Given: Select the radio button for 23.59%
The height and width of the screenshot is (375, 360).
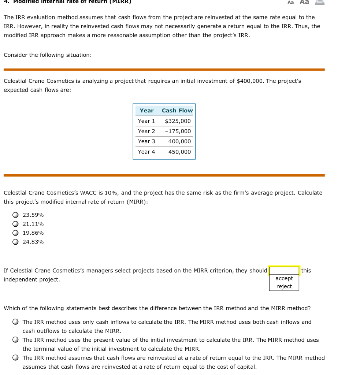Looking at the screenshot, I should [15, 215].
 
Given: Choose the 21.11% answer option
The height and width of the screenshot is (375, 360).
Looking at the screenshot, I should [15, 224].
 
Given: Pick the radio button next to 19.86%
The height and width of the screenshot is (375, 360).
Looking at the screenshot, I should [15, 233].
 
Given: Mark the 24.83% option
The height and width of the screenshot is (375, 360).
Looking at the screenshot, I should [15, 242].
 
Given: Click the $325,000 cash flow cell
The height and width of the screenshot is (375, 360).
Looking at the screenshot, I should [178, 121].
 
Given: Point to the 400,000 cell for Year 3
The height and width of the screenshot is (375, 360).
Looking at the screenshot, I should [179, 141].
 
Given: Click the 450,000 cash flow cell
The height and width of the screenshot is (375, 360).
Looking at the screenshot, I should [179, 152].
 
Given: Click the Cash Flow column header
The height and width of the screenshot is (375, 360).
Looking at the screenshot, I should [177, 111].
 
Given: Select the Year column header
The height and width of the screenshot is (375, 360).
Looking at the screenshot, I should [146, 111].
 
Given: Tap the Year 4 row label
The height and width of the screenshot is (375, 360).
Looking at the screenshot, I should [146, 152].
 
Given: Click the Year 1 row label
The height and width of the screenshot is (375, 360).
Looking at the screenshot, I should [146, 121].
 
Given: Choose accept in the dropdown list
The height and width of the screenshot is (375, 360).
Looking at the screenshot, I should [284, 278].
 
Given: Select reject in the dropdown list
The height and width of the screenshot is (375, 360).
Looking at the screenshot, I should [284, 286].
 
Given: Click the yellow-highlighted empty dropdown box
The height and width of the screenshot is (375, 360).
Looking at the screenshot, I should [284, 270].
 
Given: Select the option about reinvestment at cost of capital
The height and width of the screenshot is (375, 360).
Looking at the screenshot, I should [15, 358].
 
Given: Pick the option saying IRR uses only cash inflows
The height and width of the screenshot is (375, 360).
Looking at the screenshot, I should [15, 322].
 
